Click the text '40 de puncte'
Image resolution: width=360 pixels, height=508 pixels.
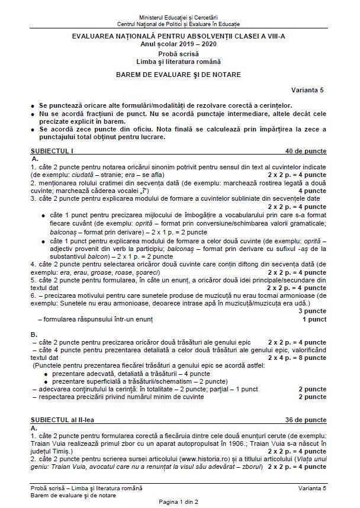pyautogui.click(x=306, y=151)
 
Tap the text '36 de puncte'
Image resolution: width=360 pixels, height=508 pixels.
pyautogui.click(x=306, y=419)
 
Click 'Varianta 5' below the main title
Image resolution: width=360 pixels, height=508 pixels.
pyautogui.click(x=307, y=90)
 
